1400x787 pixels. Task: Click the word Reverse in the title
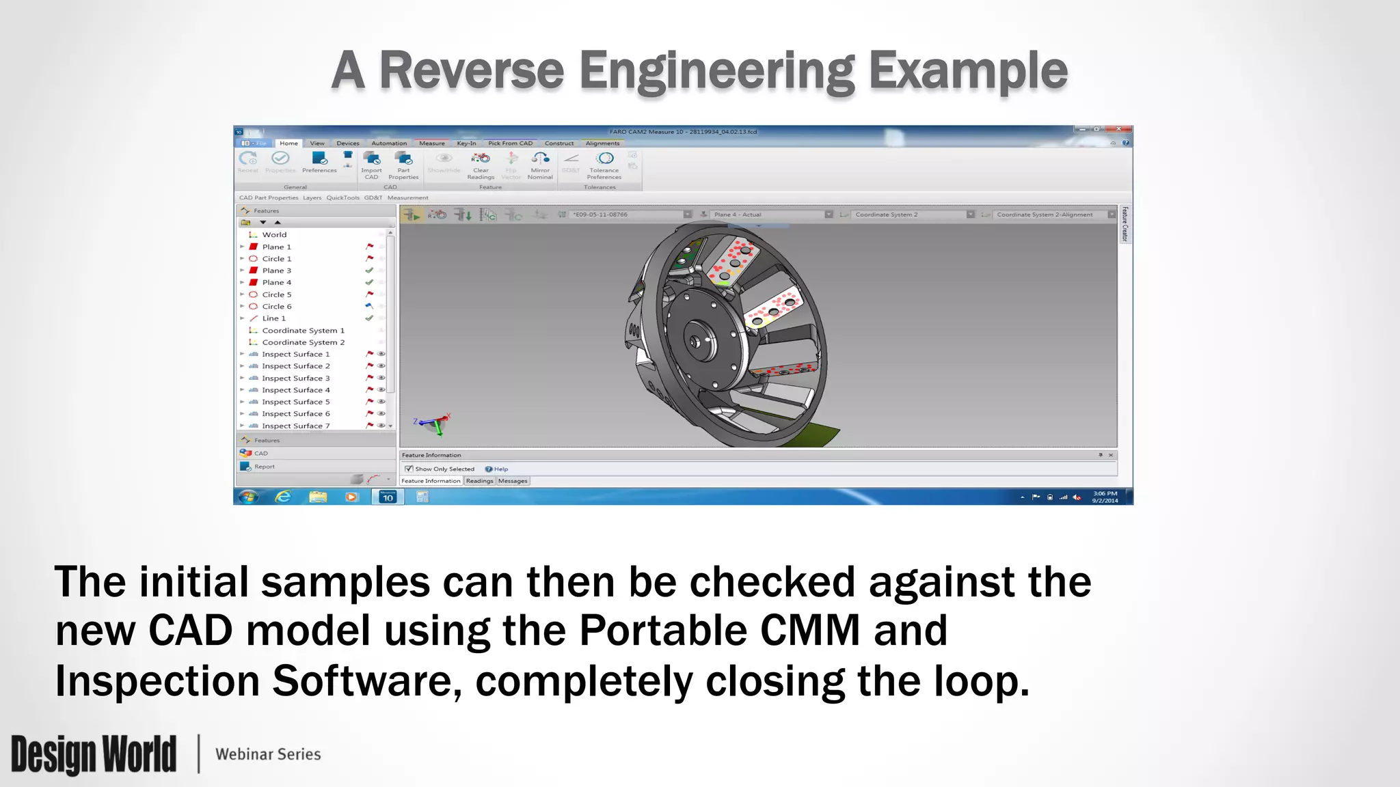[x=471, y=71]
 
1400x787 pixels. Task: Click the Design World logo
[x=94, y=754]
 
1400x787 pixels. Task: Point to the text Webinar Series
[x=268, y=754]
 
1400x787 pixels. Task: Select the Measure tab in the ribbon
[x=431, y=143]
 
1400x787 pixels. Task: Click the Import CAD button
[x=371, y=164]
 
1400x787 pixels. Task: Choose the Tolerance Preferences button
[x=604, y=164]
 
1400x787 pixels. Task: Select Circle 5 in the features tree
[x=276, y=294]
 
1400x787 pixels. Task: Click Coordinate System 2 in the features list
[x=303, y=342]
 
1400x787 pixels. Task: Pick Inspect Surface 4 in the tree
[x=295, y=390]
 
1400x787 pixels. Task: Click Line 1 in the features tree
[x=273, y=318]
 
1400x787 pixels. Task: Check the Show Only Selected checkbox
[x=409, y=469]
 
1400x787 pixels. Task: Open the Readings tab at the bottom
[x=479, y=481]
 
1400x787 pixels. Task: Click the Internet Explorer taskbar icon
[x=283, y=497]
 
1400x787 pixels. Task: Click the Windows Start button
[x=248, y=497]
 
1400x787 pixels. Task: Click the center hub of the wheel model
[x=696, y=342]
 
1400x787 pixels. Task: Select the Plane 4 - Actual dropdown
[x=769, y=215]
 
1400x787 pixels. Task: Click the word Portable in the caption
[x=661, y=631]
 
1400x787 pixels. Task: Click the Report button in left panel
[x=264, y=467]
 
